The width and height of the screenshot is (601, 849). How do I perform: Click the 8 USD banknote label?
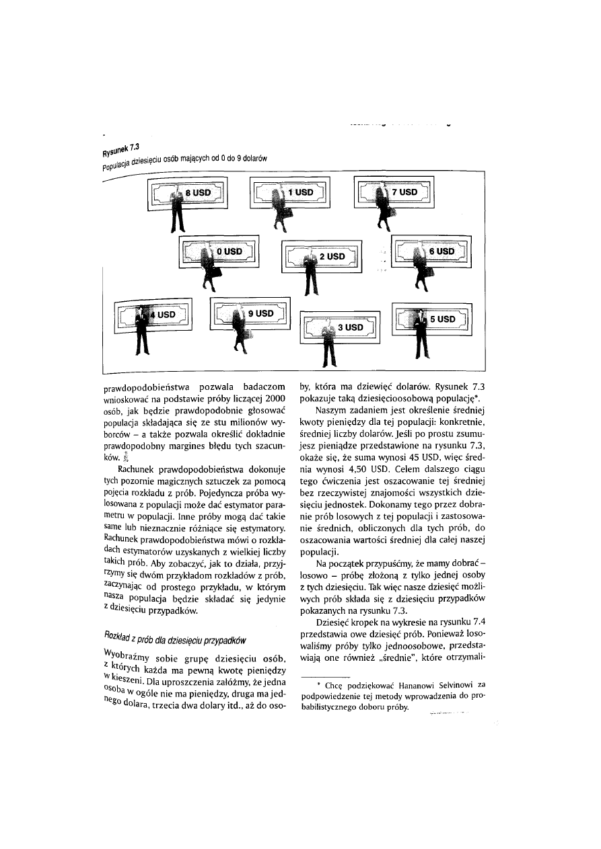tap(199, 193)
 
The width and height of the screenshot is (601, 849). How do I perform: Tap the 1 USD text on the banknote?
tap(301, 192)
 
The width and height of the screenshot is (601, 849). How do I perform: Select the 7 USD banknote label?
tap(405, 192)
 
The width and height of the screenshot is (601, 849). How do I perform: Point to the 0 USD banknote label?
tap(229, 251)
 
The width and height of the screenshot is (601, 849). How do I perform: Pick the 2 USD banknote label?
tap(332, 257)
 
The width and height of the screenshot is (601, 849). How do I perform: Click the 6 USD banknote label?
tap(442, 251)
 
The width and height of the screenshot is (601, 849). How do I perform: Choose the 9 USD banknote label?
tap(260, 313)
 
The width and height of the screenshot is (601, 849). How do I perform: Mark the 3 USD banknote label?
tap(350, 327)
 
